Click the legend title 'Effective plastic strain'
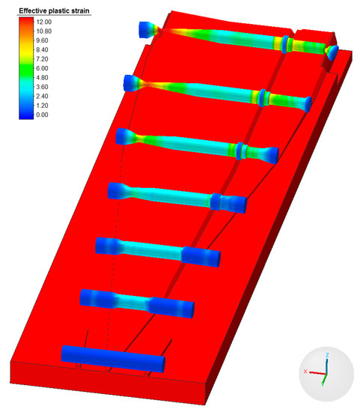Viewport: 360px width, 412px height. (x=54, y=10)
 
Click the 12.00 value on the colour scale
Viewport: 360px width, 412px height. (x=44, y=22)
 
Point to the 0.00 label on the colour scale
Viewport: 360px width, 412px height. (x=42, y=115)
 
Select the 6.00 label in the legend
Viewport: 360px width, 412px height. (x=42, y=68)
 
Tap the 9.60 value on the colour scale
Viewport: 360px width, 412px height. (x=42, y=40)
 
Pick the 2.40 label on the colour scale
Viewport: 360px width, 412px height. (x=42, y=96)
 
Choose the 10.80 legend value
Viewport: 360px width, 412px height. (x=44, y=31)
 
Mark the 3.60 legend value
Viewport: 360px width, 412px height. (x=42, y=87)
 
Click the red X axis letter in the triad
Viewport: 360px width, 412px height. (x=305, y=372)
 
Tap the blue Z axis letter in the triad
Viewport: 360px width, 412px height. (x=327, y=355)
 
